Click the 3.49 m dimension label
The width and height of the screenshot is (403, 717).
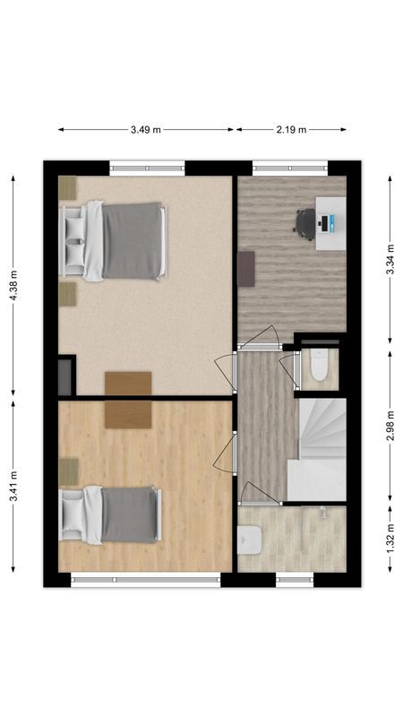coord(145,130)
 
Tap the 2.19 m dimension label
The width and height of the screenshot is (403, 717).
coord(290,130)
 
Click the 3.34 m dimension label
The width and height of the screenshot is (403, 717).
coord(390,260)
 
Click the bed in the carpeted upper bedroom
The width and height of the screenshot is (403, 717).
coord(114,240)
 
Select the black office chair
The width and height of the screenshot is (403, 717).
coord(305,223)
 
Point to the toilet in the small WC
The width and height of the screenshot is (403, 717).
coord(317,368)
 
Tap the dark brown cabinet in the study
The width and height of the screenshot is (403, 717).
coord(245,268)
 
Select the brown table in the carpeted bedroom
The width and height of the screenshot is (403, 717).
coord(128,383)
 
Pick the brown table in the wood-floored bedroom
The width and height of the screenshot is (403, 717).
coord(128,414)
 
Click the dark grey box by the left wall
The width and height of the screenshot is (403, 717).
coord(64,374)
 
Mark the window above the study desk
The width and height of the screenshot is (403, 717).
coord(290,167)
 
